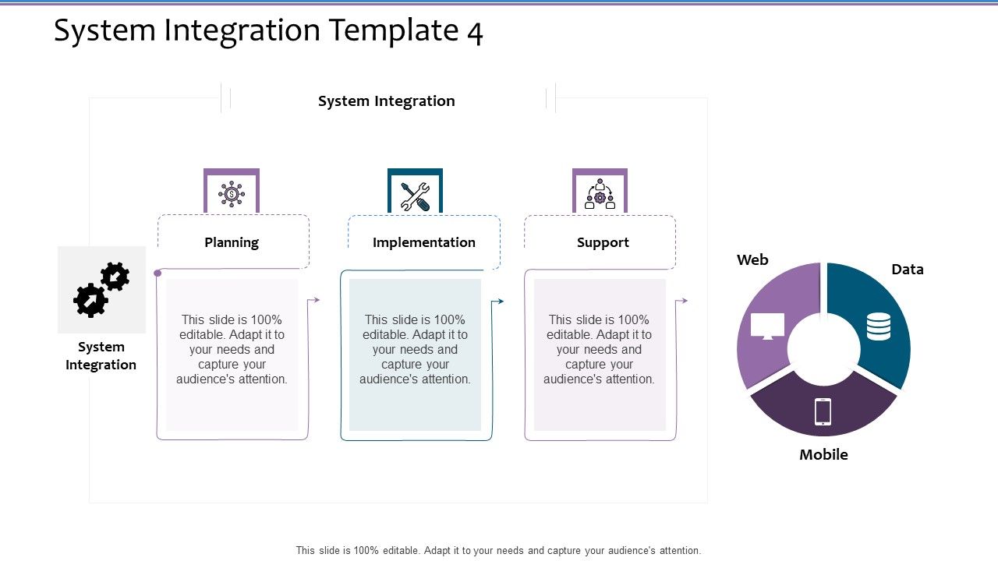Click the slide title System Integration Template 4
click(x=268, y=31)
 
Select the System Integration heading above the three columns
click(x=386, y=101)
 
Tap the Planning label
click(x=232, y=242)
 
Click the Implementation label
click(x=423, y=242)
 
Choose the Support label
click(x=603, y=242)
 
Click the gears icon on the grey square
click(x=101, y=290)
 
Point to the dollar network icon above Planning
click(x=232, y=194)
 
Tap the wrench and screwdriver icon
click(x=415, y=196)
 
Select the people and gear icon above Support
click(x=600, y=195)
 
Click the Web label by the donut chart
click(x=752, y=260)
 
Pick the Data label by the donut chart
click(x=907, y=270)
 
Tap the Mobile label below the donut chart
click(x=823, y=455)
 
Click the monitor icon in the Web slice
click(x=767, y=326)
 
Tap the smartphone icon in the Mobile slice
click(x=823, y=411)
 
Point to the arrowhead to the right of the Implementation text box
click(x=501, y=301)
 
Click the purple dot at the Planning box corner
click(x=157, y=273)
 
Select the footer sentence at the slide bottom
click(x=498, y=550)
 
